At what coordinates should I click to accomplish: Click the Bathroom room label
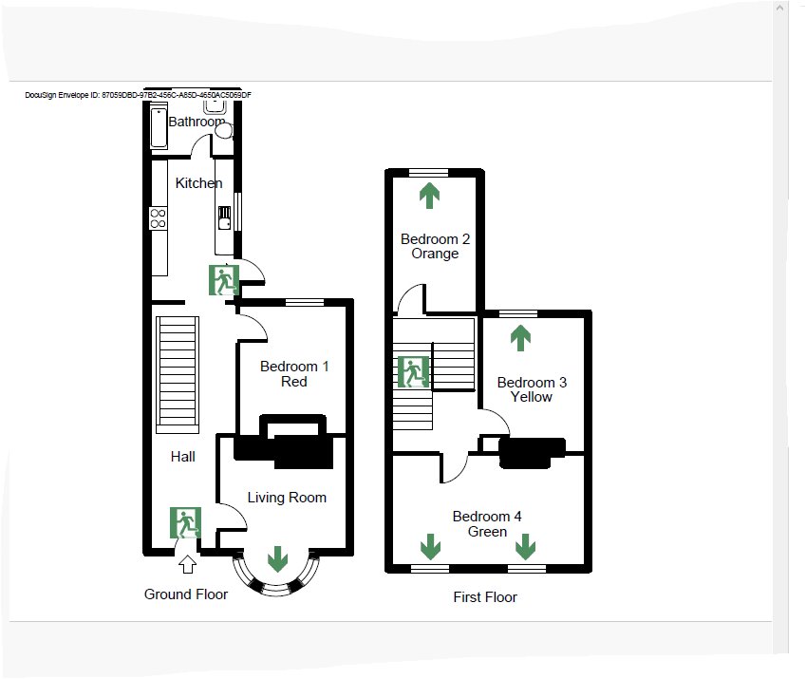tap(197, 123)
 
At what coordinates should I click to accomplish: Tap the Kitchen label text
tap(199, 183)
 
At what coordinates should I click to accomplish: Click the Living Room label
tap(287, 498)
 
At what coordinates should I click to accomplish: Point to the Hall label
tap(183, 457)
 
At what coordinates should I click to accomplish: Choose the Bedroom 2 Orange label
tap(435, 246)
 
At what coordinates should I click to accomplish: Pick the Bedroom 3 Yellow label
tap(532, 389)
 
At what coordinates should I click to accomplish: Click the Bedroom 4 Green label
tap(487, 524)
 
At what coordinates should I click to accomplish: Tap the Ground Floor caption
tap(186, 594)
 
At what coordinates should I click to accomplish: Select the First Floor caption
tap(485, 597)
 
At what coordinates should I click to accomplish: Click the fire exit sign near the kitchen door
tap(224, 280)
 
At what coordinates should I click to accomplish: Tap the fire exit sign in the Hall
tap(186, 523)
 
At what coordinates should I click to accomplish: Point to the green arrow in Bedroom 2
tap(430, 196)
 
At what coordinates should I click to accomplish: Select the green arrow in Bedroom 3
tap(520, 336)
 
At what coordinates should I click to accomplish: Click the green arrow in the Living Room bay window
tap(277, 558)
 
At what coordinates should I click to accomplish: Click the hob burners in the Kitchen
tap(159, 220)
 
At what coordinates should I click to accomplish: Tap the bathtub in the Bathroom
tap(159, 127)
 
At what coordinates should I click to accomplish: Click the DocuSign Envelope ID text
tap(139, 95)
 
